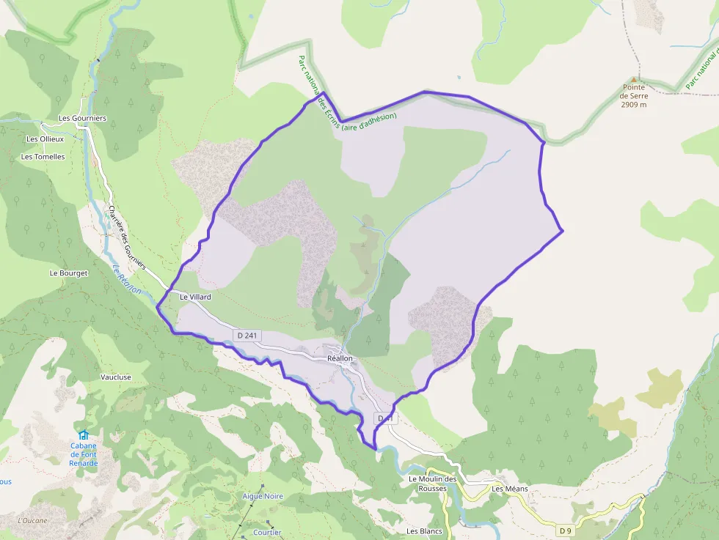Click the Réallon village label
[340, 358]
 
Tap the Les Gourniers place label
[82, 118]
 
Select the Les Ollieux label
[45, 138]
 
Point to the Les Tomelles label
[43, 157]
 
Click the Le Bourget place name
[68, 273]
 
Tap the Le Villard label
[195, 297]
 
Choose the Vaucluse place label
[115, 377]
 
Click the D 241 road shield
[247, 335]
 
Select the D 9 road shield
[564, 530]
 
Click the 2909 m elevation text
[633, 105]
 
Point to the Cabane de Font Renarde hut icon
[83, 434]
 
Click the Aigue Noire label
[263, 496]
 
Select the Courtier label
[267, 532]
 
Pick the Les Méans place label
[510, 489]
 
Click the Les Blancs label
[425, 530]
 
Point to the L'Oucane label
[32, 521]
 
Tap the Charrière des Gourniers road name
[127, 237]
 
